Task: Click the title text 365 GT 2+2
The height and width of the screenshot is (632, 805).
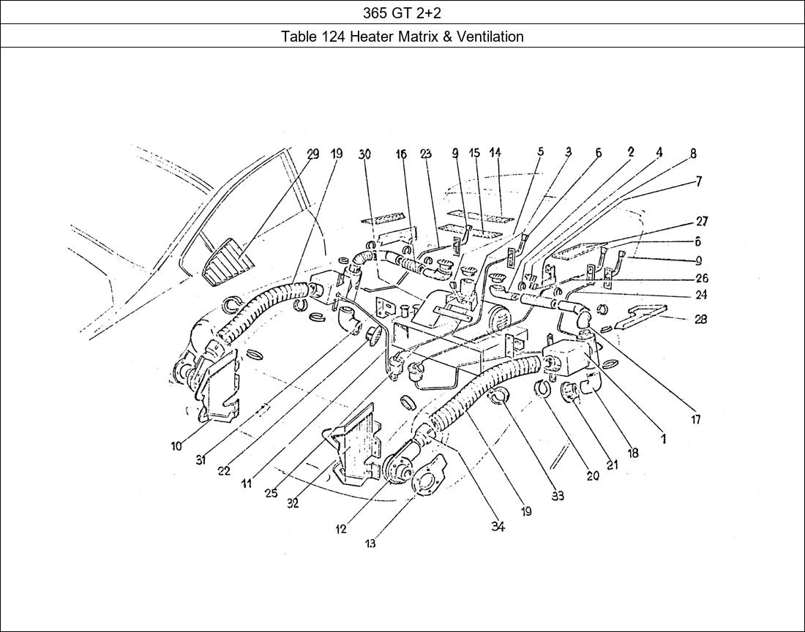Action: [402, 12]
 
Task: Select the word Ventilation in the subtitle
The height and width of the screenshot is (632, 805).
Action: [490, 37]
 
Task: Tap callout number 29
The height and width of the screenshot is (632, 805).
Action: [313, 154]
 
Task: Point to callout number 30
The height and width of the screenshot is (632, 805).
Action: [364, 154]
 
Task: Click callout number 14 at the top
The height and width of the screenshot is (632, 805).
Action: [495, 153]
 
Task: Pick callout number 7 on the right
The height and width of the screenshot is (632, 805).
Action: [698, 181]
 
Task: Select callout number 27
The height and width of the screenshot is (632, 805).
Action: [701, 222]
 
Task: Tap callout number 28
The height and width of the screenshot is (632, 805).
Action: [700, 320]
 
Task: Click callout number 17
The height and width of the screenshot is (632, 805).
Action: [695, 420]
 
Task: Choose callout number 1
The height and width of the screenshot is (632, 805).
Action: [663, 439]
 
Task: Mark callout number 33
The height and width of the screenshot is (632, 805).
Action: [558, 496]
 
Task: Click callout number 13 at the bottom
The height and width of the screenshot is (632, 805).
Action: [370, 543]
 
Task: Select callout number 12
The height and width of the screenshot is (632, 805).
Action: [341, 530]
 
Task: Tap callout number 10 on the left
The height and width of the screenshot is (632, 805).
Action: [176, 446]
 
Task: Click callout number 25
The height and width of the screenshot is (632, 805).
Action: [271, 493]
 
